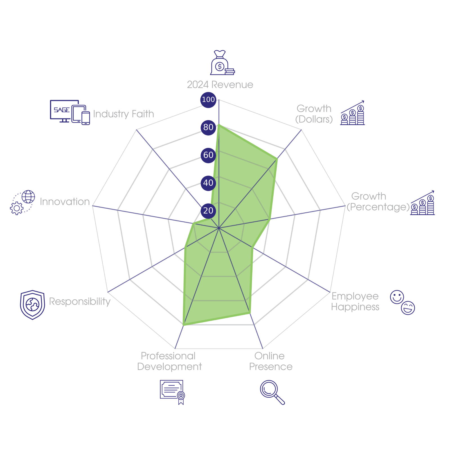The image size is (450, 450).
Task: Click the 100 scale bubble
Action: click(x=208, y=100)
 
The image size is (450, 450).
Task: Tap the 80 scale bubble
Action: click(x=208, y=127)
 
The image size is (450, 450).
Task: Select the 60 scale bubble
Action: click(x=208, y=155)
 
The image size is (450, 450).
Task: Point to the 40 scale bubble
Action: click(x=208, y=183)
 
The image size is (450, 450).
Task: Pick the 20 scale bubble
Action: click(x=208, y=210)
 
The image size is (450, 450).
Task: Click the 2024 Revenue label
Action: click(x=220, y=85)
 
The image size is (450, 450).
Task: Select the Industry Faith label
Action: click(x=123, y=114)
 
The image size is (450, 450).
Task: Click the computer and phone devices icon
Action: click(x=70, y=112)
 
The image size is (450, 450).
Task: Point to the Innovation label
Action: click(x=65, y=202)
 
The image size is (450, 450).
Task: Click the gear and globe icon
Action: click(x=22, y=202)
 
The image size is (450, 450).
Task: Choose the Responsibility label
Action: click(x=80, y=301)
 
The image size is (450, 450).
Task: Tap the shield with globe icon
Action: click(x=32, y=305)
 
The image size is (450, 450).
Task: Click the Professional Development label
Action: click(x=169, y=361)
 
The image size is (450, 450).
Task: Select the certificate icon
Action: click(x=172, y=392)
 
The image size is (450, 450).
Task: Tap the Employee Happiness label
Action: click(x=355, y=301)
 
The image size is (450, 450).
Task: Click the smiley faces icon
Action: click(x=402, y=302)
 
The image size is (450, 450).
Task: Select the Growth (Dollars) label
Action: click(x=314, y=114)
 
